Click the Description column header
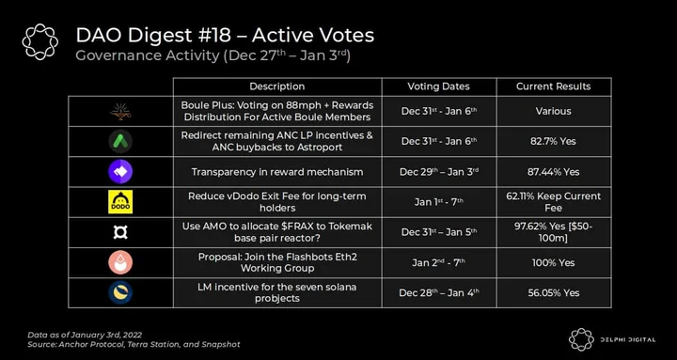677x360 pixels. [x=276, y=86]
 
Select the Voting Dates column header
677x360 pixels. [x=438, y=86]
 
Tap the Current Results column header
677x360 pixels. [x=553, y=86]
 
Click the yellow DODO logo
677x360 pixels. [x=120, y=202]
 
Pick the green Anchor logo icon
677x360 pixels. [x=120, y=142]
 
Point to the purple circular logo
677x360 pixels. [x=120, y=172]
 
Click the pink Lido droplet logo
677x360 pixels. [x=120, y=262]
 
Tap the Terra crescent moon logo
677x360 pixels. [x=120, y=292]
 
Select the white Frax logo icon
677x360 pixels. [x=120, y=232]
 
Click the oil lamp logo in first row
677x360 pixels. [x=120, y=111]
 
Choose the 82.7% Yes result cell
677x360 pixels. [x=553, y=142]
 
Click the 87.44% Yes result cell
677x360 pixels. [x=553, y=172]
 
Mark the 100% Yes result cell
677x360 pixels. [x=553, y=262]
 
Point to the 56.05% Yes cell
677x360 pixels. [x=553, y=292]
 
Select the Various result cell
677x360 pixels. [x=553, y=111]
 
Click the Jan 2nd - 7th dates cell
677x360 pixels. [x=438, y=262]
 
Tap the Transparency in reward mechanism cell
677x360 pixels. [x=276, y=172]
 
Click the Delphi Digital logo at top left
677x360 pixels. [x=40, y=41]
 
